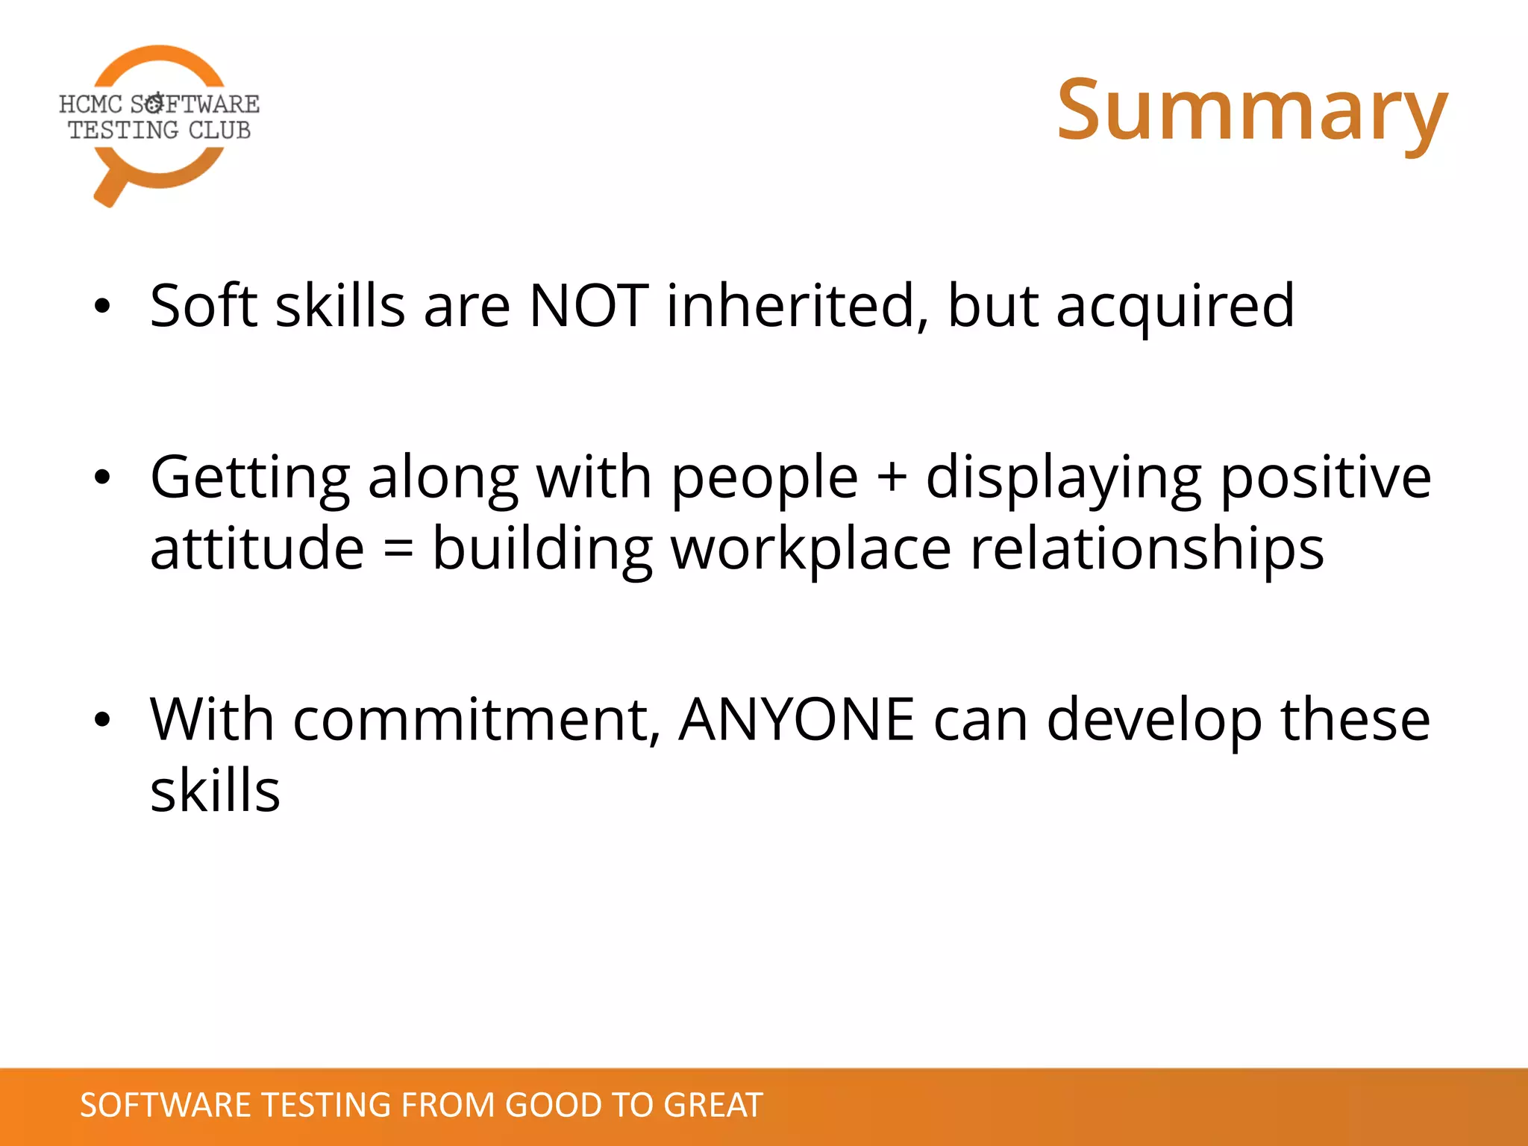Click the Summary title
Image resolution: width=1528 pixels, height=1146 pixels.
click(x=1252, y=112)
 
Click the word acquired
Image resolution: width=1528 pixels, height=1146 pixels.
click(x=1175, y=307)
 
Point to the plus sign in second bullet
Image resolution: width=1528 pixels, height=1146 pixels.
click(x=892, y=477)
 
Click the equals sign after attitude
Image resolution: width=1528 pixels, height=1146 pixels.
click(x=398, y=548)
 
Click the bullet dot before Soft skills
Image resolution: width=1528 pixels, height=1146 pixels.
click(x=102, y=306)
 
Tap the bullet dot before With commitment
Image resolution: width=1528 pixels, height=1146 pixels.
click(x=102, y=719)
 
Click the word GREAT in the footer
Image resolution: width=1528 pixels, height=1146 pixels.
click(x=713, y=1105)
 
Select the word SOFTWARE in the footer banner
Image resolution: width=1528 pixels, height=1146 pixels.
click(x=165, y=1105)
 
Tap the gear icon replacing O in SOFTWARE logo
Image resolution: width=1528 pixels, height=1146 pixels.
click(x=154, y=103)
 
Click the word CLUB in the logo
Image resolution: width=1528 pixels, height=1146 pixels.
click(x=219, y=130)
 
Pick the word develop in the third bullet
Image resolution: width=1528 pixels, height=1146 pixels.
click(x=1154, y=720)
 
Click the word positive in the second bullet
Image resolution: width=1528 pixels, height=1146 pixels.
click(x=1326, y=477)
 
